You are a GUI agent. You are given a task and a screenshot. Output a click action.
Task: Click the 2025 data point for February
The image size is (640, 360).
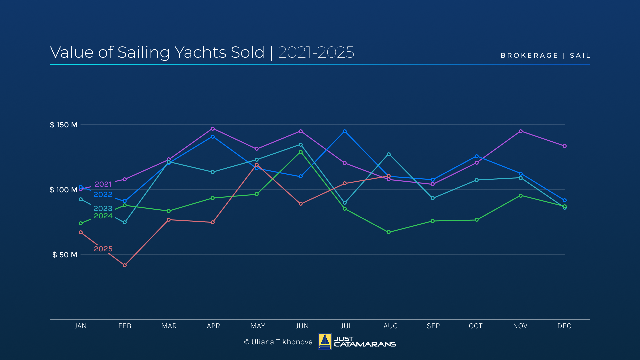pyautogui.click(x=125, y=265)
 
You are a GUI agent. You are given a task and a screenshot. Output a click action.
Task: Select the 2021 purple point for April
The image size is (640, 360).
pyautogui.click(x=213, y=129)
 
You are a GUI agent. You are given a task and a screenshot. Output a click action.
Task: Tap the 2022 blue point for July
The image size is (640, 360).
pyautogui.click(x=345, y=131)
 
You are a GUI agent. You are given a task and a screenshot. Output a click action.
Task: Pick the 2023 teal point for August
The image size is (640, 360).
pyautogui.click(x=389, y=154)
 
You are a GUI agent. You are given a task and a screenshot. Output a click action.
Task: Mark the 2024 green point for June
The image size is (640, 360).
pyautogui.click(x=301, y=152)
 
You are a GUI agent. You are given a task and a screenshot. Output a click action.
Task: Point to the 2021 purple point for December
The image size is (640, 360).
pyautogui.click(x=565, y=146)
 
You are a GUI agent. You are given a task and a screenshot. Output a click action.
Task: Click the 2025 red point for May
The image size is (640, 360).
pyautogui.click(x=257, y=165)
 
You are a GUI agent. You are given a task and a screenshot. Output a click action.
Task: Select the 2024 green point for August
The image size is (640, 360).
pyautogui.click(x=389, y=232)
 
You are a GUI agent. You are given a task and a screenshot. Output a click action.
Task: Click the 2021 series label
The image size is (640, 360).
pyautogui.click(x=103, y=184)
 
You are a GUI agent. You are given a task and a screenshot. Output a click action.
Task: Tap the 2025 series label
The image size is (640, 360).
pyautogui.click(x=103, y=249)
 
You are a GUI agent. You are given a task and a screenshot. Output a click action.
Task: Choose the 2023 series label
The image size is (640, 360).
pyautogui.click(x=103, y=208)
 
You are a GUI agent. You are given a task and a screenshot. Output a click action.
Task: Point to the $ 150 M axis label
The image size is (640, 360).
pyautogui.click(x=64, y=125)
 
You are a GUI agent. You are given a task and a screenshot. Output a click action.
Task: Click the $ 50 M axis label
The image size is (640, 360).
pyautogui.click(x=65, y=255)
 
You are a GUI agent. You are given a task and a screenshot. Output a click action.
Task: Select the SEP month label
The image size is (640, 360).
pyautogui.click(x=433, y=326)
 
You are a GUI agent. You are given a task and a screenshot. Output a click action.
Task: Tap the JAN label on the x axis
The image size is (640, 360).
pyautogui.click(x=80, y=326)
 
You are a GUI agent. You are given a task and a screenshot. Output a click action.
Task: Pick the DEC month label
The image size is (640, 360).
pyautogui.click(x=564, y=326)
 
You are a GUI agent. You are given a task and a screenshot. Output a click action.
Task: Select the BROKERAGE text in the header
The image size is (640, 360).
pyautogui.click(x=529, y=56)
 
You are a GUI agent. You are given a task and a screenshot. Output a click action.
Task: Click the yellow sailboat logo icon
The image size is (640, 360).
pyautogui.click(x=325, y=342)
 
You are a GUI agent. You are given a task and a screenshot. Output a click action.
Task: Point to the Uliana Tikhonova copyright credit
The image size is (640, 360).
pyautogui.click(x=278, y=342)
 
